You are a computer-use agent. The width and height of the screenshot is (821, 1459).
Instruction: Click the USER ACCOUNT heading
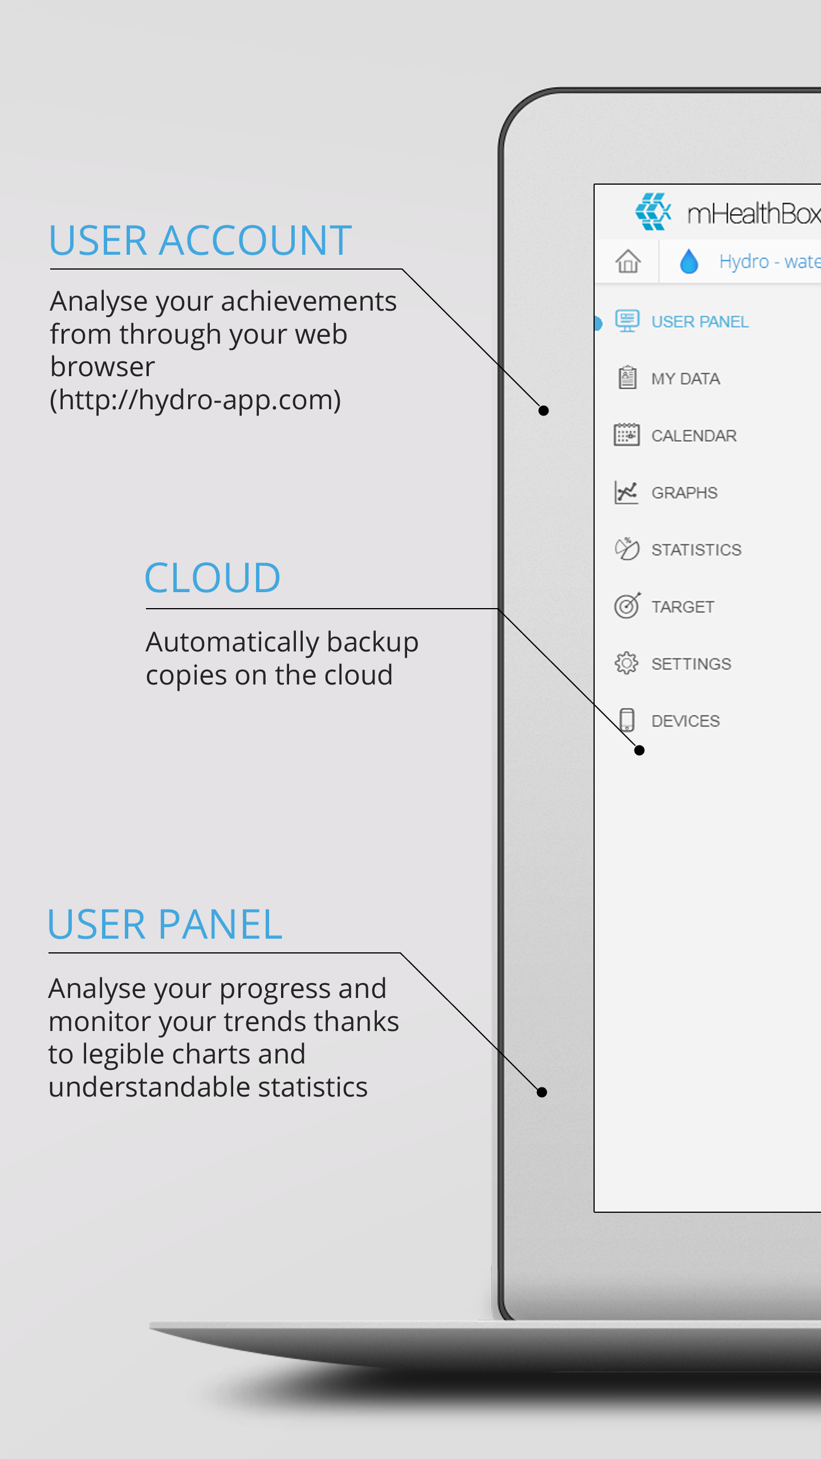tap(200, 240)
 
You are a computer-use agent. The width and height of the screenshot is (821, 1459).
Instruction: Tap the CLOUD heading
tap(212, 577)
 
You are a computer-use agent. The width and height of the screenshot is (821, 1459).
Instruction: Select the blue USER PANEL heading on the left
tap(165, 924)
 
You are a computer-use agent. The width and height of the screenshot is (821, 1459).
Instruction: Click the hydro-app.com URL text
tap(196, 400)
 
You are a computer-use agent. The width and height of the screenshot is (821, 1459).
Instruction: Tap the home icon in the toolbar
tap(628, 262)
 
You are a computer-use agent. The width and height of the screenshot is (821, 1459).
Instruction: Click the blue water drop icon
tap(689, 262)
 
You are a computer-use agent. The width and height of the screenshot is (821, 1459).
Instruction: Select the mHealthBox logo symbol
tap(653, 211)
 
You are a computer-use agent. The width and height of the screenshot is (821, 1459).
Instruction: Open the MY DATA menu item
tap(685, 379)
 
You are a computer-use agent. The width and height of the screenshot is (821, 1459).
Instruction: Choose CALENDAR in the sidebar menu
tap(694, 436)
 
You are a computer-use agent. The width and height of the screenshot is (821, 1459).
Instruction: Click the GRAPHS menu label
tap(684, 493)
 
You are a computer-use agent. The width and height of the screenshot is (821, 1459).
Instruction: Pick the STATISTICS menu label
tap(696, 550)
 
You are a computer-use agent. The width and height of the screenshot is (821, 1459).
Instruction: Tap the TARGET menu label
tap(682, 607)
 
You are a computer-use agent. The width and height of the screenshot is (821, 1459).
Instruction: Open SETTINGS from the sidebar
tap(691, 664)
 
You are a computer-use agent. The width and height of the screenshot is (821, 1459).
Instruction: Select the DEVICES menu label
tap(685, 721)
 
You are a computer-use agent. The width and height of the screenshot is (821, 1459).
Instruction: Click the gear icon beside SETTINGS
tap(627, 663)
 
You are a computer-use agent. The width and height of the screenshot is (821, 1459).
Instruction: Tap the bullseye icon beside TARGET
tap(627, 605)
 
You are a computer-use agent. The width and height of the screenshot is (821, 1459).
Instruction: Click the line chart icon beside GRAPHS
tap(626, 492)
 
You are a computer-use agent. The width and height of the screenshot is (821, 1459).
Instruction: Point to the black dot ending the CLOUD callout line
tap(640, 750)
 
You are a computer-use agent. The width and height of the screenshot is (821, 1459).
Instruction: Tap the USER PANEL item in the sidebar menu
tap(700, 322)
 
